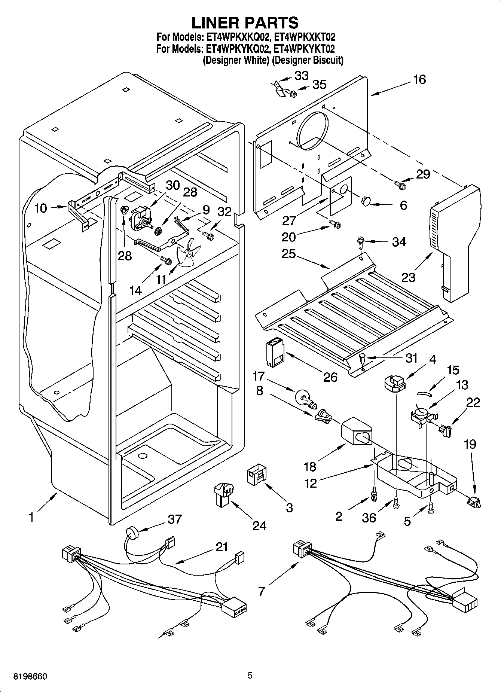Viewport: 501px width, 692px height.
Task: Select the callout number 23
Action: (x=409, y=277)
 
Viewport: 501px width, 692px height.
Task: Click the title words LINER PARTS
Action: (x=245, y=22)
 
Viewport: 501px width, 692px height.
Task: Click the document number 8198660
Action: (x=25, y=676)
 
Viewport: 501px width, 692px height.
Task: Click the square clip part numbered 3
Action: (x=256, y=475)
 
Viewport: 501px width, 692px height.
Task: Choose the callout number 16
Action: (x=420, y=80)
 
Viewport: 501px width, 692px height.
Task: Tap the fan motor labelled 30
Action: (x=140, y=219)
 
